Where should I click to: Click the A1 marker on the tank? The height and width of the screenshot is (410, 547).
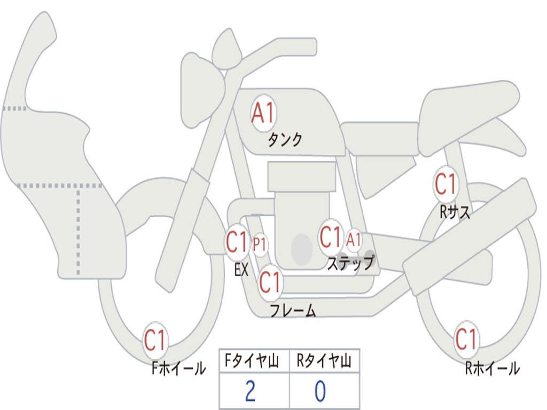coord(263,113)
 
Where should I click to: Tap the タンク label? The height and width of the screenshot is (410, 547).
coord(285,140)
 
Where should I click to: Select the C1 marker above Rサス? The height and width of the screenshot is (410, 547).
coord(446,185)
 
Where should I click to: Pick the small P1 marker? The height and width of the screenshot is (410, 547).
coord(260,245)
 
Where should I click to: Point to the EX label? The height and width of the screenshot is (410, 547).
coord(241,270)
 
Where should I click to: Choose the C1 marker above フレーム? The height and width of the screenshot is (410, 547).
coord(270,281)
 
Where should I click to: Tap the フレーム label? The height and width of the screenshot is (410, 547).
coord(293,311)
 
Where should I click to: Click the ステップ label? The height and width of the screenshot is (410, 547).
coord(350,263)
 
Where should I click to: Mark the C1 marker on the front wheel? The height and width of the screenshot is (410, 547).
coord(155,340)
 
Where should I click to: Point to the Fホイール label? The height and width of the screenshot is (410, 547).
coord(178,368)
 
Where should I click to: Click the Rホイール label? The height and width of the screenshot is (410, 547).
coord(492,368)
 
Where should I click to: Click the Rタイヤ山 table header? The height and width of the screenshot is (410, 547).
coord(324,362)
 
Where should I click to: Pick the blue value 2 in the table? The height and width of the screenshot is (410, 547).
coord(249,391)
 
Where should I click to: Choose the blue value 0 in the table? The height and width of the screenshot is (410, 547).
coord(319,391)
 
